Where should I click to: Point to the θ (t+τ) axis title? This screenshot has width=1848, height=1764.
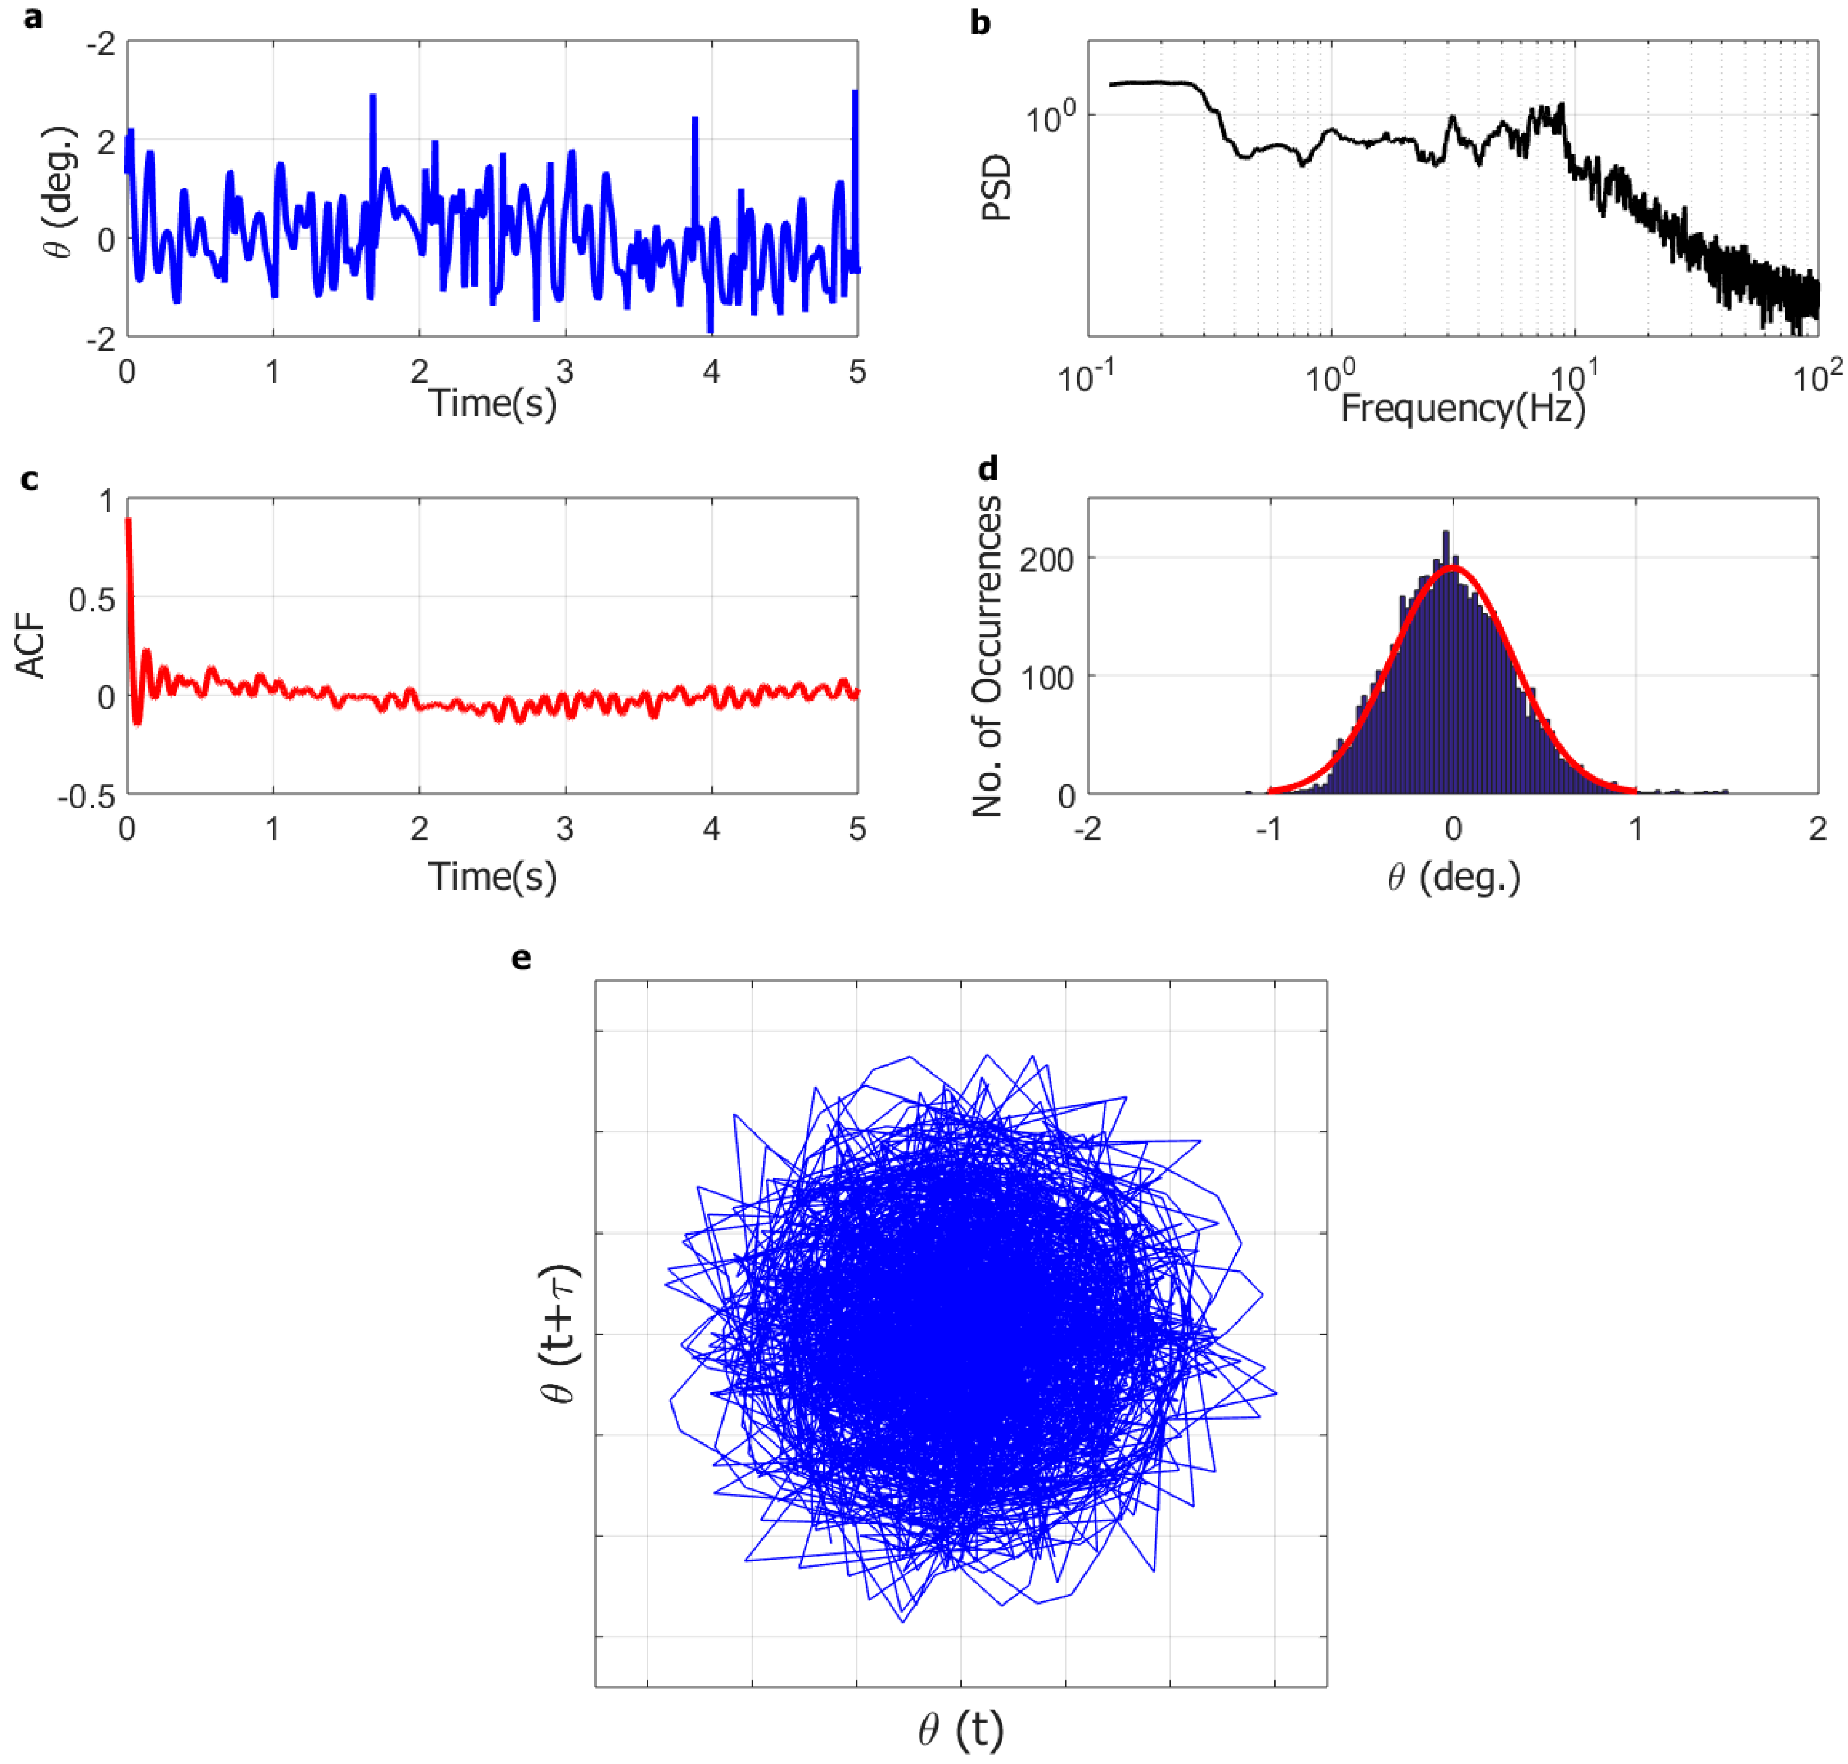(560, 1334)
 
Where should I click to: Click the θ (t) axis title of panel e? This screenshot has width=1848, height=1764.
(960, 1728)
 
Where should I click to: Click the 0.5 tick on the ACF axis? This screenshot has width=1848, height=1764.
(91, 599)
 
